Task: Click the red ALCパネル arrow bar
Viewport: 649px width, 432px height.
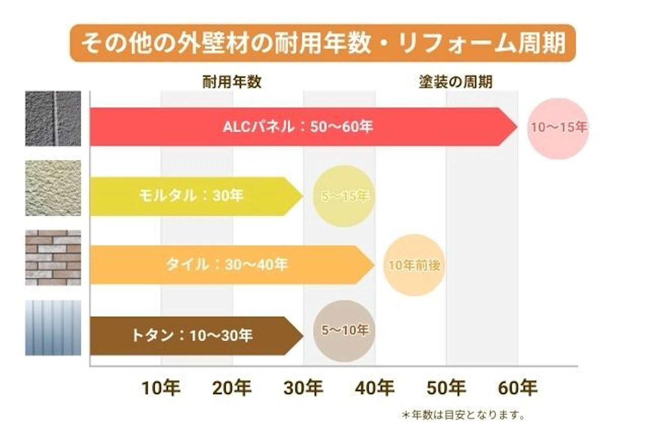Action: (x=297, y=127)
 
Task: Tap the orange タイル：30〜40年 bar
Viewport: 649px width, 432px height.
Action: (x=226, y=265)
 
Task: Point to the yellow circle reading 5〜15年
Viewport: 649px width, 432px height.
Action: (x=344, y=196)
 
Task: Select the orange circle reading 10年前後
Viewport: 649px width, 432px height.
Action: (x=414, y=265)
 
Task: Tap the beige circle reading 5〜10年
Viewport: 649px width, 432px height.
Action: (x=344, y=331)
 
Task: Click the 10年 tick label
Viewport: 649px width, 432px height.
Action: (x=161, y=388)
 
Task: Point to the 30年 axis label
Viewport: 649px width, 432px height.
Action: (x=303, y=388)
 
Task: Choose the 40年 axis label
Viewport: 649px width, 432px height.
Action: (x=375, y=388)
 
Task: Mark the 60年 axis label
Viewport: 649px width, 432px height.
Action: (x=518, y=388)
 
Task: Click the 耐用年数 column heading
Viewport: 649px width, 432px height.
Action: (x=232, y=82)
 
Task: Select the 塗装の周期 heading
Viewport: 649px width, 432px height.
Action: (x=455, y=82)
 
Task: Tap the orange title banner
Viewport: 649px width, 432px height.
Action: (x=323, y=43)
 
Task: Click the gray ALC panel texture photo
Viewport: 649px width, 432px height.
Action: (x=53, y=119)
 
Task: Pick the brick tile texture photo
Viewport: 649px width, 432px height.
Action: (x=53, y=258)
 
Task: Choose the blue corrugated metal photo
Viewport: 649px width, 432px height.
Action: (x=53, y=328)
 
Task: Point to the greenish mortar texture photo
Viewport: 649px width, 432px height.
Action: (x=53, y=188)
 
